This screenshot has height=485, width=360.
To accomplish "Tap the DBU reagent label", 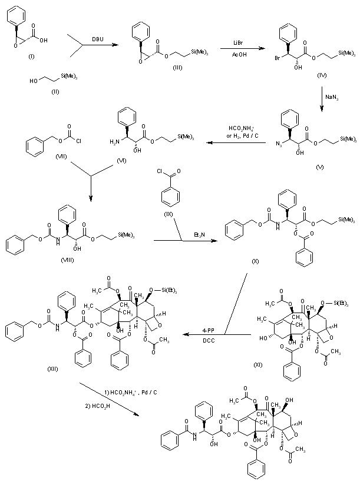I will (95, 39).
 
